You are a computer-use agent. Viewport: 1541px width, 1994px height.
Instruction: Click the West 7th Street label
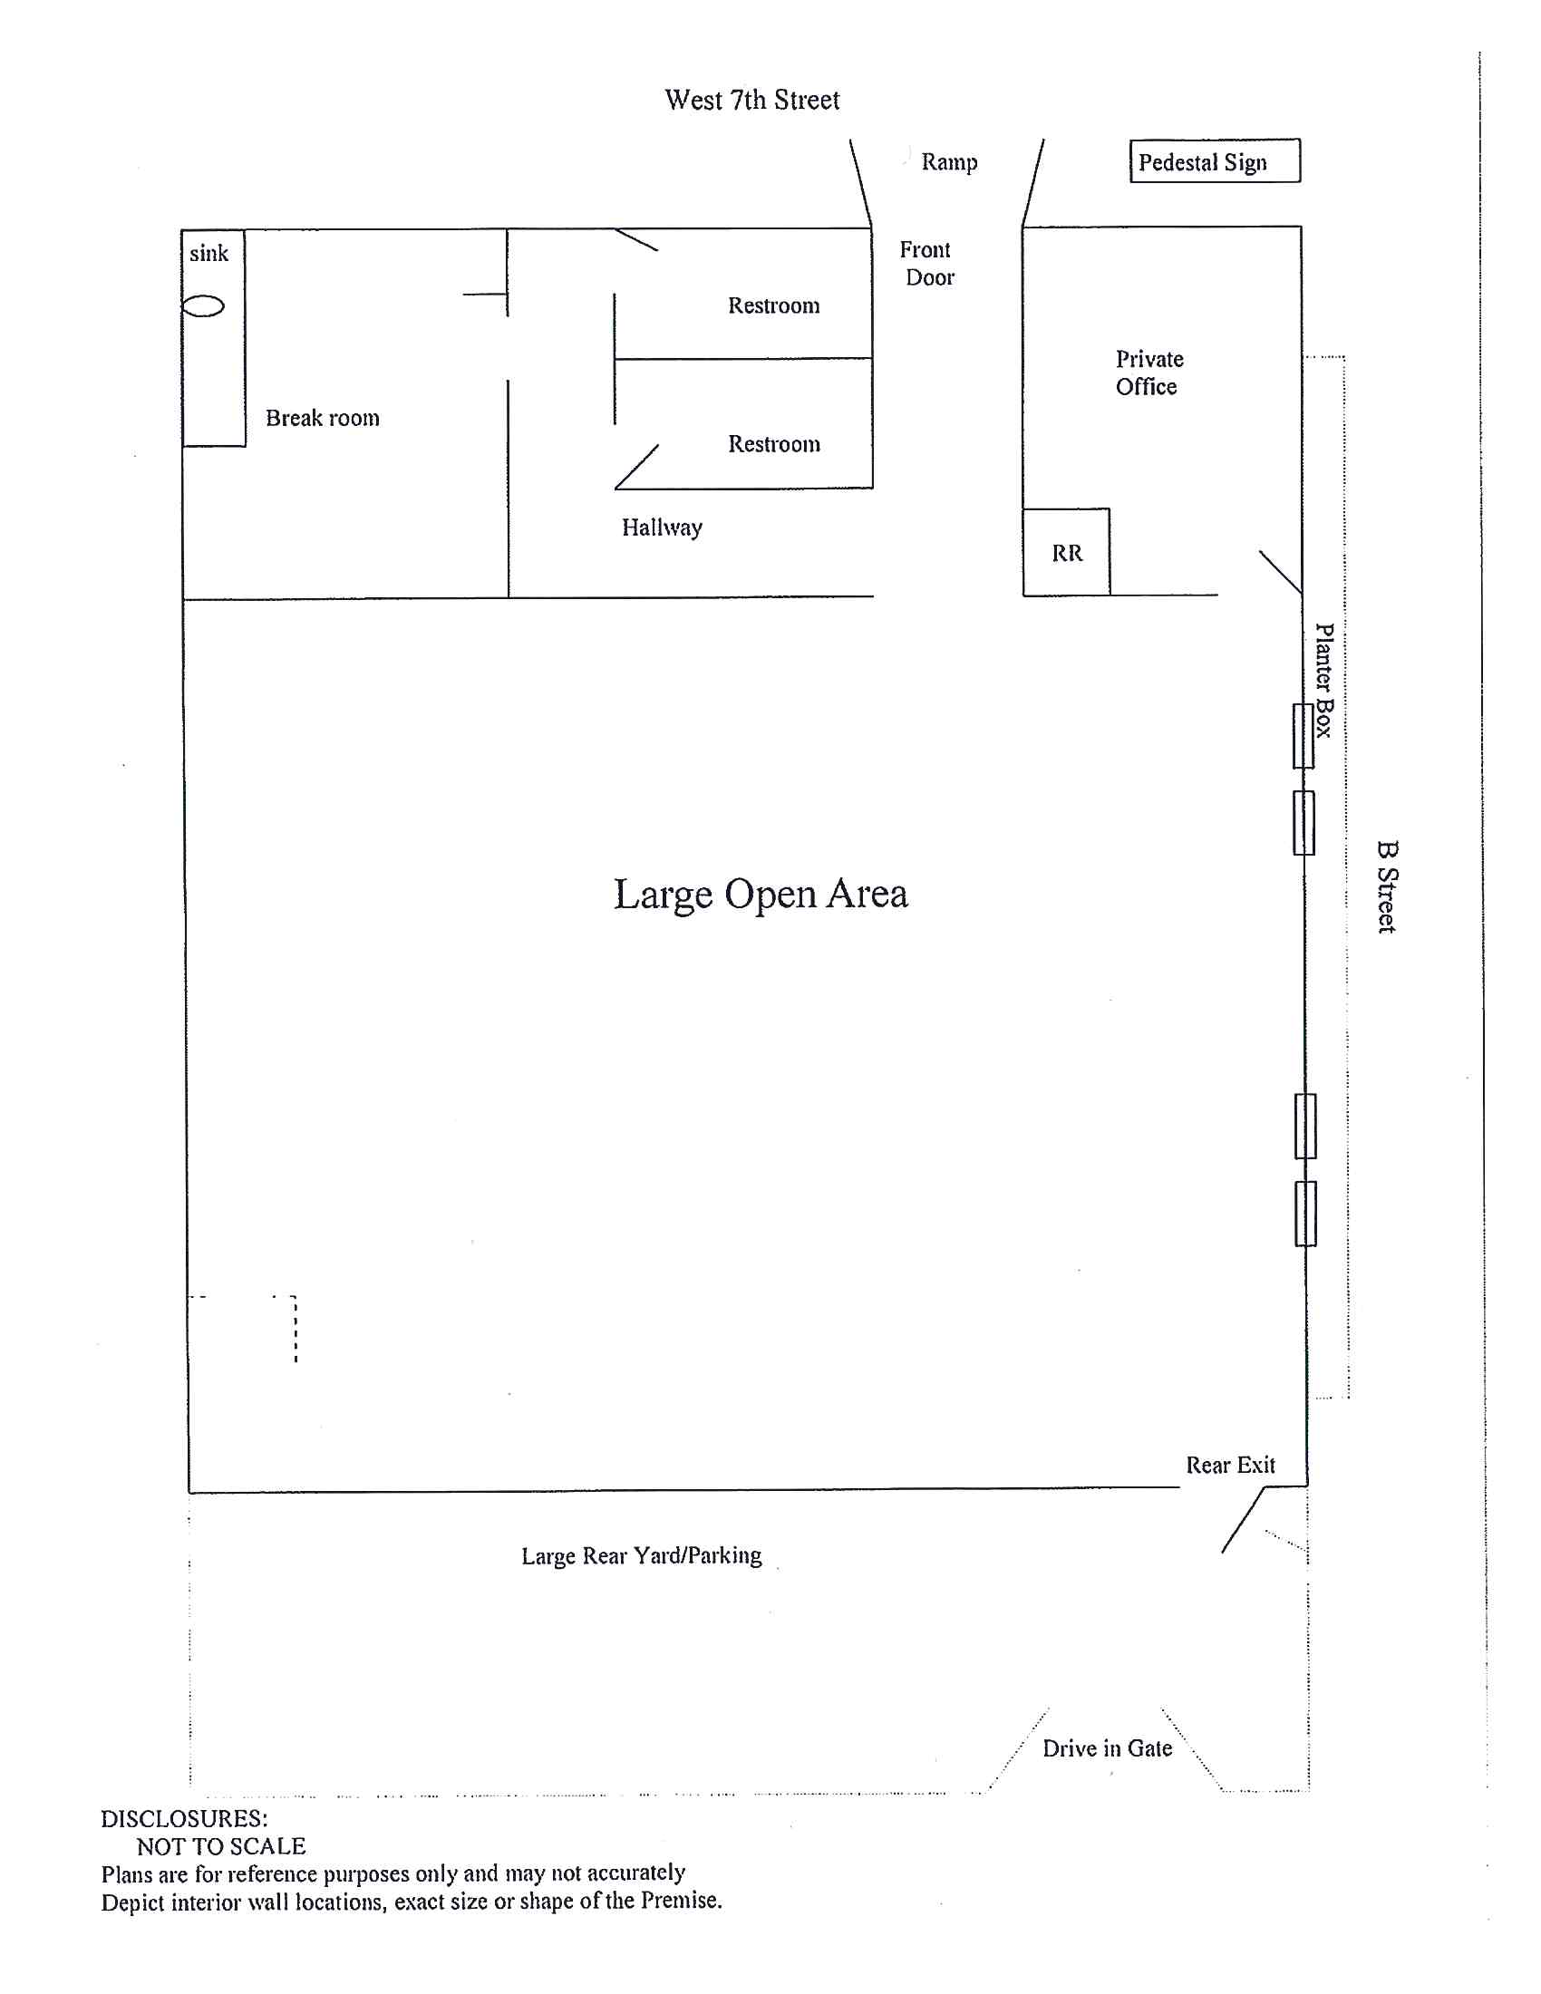click(751, 100)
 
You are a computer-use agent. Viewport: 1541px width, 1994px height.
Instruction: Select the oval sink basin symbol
click(203, 305)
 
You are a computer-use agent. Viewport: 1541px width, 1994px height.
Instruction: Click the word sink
click(209, 253)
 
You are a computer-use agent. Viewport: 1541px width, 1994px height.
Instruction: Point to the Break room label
click(323, 418)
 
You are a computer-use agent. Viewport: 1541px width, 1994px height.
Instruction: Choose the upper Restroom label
click(773, 305)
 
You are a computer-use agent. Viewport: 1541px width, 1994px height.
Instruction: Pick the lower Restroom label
click(773, 444)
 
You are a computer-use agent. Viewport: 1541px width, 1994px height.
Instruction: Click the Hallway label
click(662, 528)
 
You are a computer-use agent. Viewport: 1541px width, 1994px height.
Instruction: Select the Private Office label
click(1148, 373)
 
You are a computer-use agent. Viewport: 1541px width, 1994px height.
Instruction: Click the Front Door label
click(926, 263)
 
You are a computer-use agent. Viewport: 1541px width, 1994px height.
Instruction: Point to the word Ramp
click(948, 162)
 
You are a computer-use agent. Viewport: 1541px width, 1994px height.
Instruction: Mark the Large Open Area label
click(761, 894)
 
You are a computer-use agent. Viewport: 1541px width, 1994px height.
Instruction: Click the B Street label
click(1386, 886)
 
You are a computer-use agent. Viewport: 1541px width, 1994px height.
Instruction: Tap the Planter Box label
click(1323, 680)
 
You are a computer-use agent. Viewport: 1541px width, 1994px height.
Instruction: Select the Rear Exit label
click(1230, 1466)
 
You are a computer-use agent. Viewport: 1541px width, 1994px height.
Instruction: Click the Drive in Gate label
click(1108, 1748)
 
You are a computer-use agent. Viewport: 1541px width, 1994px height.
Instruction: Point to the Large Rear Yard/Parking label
click(641, 1555)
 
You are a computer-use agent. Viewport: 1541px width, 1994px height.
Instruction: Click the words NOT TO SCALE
click(221, 1846)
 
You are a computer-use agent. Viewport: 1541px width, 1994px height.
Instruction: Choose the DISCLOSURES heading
click(183, 1819)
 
